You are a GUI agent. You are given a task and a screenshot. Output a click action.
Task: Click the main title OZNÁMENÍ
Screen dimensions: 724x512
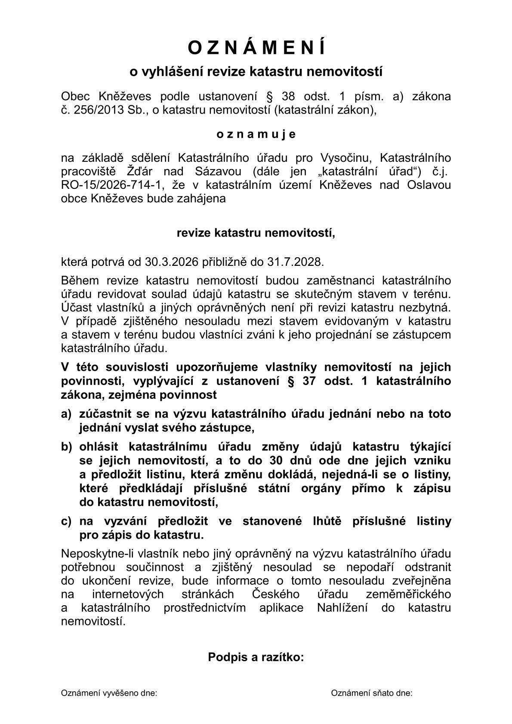(x=256, y=48)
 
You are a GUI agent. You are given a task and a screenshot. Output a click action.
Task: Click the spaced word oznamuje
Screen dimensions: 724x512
(x=256, y=134)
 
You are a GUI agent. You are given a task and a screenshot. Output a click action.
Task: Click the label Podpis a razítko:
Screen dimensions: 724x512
(x=256, y=657)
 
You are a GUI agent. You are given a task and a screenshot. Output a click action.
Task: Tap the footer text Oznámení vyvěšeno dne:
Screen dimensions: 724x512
(x=109, y=693)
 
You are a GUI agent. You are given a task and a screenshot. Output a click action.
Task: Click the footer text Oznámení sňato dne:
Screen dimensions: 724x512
(x=372, y=693)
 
